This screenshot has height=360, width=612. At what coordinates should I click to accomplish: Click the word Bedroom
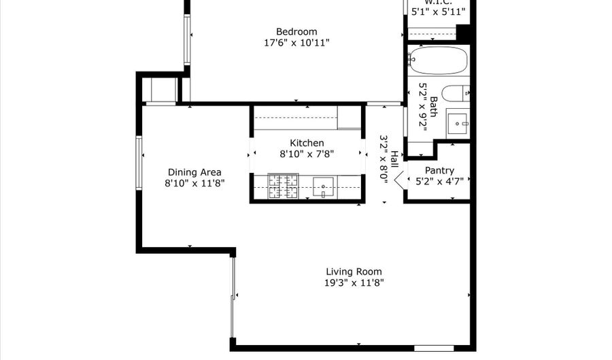[296, 31]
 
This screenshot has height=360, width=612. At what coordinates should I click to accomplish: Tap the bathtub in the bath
[439, 60]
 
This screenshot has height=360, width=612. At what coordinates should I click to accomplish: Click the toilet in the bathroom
[454, 93]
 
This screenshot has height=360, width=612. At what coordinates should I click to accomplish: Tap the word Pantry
[439, 170]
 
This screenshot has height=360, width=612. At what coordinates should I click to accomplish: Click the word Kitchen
[307, 143]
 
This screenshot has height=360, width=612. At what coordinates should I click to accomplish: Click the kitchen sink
[324, 186]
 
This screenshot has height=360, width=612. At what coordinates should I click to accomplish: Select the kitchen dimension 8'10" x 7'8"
[307, 154]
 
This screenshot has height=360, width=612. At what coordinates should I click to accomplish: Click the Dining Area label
[194, 172]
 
